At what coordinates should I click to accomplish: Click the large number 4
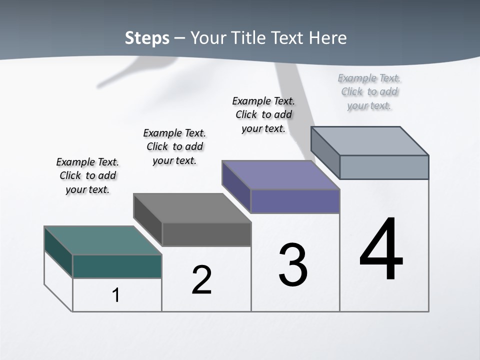click(381, 249)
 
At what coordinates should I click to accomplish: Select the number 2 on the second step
click(201, 280)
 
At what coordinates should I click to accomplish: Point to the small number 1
click(116, 295)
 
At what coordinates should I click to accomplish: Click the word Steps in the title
click(147, 38)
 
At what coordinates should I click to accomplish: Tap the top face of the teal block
click(103, 240)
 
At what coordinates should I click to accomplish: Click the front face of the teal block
click(117, 266)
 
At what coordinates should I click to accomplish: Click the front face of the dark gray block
click(206, 234)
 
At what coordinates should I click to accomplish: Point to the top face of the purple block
click(281, 175)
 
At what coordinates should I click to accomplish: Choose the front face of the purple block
click(295, 201)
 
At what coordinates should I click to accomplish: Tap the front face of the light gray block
click(384, 167)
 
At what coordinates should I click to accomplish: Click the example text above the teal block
click(87, 175)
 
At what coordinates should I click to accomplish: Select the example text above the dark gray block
click(174, 146)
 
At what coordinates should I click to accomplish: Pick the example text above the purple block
click(263, 114)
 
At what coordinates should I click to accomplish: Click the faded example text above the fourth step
click(369, 91)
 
